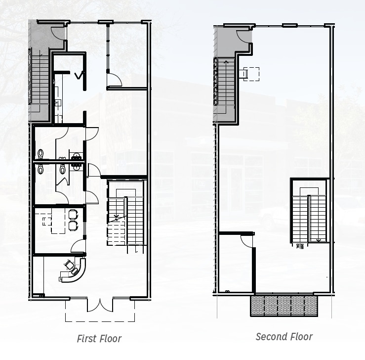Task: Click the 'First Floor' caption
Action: point(99,339)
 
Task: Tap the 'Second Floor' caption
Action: point(284,337)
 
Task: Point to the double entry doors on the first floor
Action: point(100,305)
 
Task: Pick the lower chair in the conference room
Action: point(74,225)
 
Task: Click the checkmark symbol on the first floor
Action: point(79,75)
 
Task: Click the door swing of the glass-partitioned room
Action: point(114,79)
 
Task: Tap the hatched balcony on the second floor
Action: point(284,305)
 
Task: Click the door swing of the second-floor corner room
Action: point(246,240)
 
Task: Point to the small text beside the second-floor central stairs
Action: point(298,244)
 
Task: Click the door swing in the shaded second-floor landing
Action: point(244,36)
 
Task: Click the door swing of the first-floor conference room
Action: point(78,246)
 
